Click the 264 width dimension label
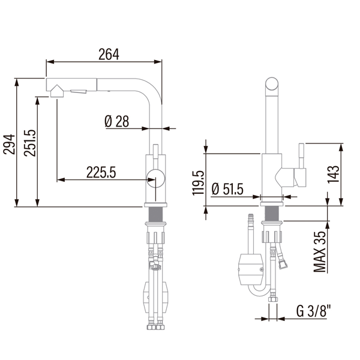click(109, 54)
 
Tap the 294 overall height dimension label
click(10, 145)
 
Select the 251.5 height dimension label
click(30, 143)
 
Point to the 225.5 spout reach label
click(101, 172)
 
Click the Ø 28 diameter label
click(116, 121)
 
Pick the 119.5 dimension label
click(198, 183)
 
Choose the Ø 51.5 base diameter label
click(227, 189)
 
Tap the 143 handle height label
click(333, 174)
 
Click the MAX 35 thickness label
click(320, 252)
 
